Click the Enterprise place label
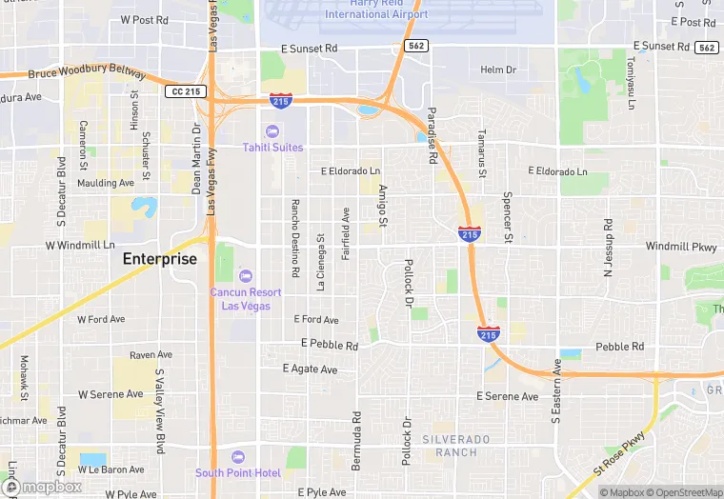pyautogui.click(x=160, y=259)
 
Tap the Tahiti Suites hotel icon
pyautogui.click(x=272, y=130)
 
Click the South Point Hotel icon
pyautogui.click(x=238, y=457)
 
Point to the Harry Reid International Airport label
pyautogui.click(x=376, y=9)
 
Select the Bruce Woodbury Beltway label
pyautogui.click(x=87, y=72)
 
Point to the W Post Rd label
pyautogui.click(x=144, y=19)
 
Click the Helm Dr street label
pyautogui.click(x=497, y=70)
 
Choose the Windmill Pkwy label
pyautogui.click(x=680, y=246)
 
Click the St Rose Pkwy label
pyautogui.click(x=619, y=456)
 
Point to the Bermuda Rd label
pyautogui.click(x=356, y=439)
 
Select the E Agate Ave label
pyautogui.click(x=310, y=369)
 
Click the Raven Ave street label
pyautogui.click(x=151, y=354)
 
